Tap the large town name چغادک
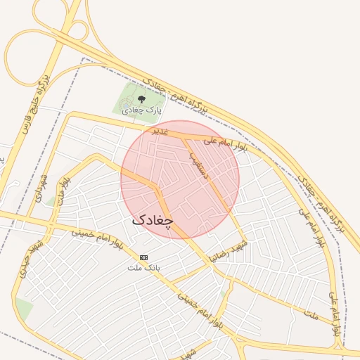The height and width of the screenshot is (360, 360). pos(152,220)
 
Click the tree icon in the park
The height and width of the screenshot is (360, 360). pos(142,100)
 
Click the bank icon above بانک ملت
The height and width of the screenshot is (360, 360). pos(144,257)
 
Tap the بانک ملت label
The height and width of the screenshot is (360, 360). pos(143,267)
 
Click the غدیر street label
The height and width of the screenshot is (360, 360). pos(161,132)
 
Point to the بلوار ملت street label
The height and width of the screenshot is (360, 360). pos(65,193)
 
